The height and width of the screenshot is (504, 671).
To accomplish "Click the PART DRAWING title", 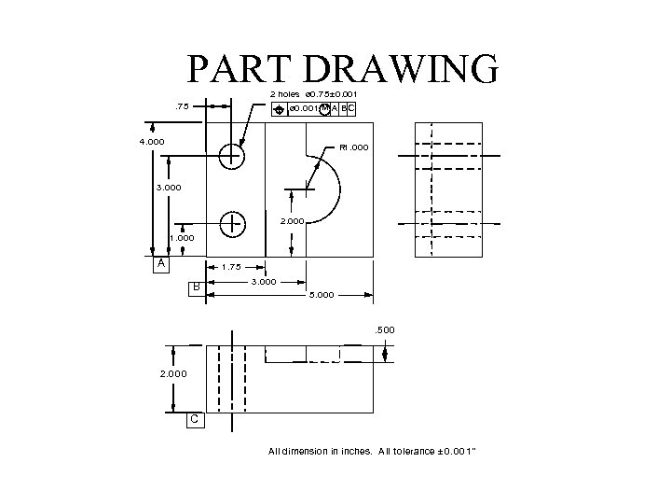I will coord(342,70).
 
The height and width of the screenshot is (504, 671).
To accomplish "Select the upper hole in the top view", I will coord(231,156).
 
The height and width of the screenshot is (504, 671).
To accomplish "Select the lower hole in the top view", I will coord(231,223).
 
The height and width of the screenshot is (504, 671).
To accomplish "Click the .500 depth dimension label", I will coord(384,329).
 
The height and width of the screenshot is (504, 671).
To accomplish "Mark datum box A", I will coord(162,265).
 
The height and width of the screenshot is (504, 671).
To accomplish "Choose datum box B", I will coord(196,287).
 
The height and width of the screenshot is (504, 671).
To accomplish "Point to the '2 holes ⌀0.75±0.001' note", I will coord(312,94).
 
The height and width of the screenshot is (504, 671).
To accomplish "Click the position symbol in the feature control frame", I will coord(279,110).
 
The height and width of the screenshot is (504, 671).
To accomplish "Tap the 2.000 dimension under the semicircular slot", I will coord(294,222).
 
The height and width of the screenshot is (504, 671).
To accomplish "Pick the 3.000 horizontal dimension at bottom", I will coord(263,281).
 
